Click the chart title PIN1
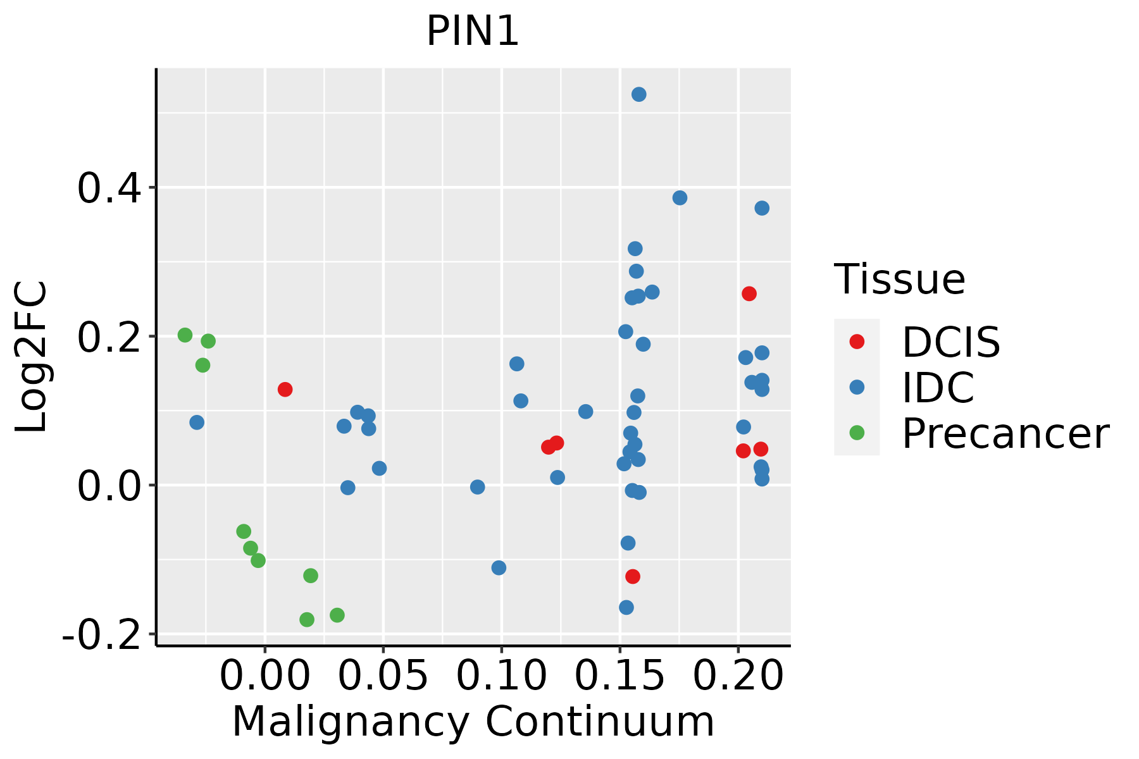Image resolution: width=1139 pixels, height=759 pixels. tap(473, 32)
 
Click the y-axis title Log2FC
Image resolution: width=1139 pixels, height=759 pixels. tap(32, 357)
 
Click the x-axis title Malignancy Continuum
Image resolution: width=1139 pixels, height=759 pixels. tap(473, 722)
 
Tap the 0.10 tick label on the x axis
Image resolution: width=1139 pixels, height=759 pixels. tap(501, 676)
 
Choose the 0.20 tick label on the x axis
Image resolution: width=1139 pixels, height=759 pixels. tap(738, 676)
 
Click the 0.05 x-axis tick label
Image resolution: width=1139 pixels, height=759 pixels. tap(383, 676)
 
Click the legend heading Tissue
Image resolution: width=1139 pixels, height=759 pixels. tap(899, 279)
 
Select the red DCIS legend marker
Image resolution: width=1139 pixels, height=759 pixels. tap(857, 342)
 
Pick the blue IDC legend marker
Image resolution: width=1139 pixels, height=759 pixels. tap(857, 387)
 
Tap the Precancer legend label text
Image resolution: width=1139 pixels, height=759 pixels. tap(1005, 434)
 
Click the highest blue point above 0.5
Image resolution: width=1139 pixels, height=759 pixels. tap(639, 94)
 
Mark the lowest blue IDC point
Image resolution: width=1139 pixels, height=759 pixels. tap(626, 607)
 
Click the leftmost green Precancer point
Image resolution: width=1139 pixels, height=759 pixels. tap(185, 335)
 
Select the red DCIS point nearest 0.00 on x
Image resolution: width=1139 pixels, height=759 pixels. tap(285, 389)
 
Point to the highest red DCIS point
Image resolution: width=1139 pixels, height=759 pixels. tap(749, 293)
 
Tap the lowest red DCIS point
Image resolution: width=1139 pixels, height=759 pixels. tap(633, 576)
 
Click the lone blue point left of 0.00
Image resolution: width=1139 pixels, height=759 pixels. tap(197, 422)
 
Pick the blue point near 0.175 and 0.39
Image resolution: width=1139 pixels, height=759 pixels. tap(680, 198)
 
